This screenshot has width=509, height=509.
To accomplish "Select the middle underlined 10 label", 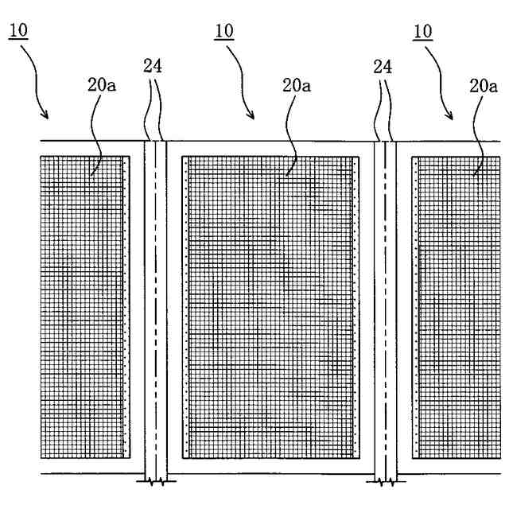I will [223, 31].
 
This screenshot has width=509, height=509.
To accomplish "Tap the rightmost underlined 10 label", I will [422, 31].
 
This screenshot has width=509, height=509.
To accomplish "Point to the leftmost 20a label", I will [101, 84].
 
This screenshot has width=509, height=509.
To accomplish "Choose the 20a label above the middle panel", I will [297, 84].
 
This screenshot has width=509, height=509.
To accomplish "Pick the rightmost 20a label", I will [484, 84].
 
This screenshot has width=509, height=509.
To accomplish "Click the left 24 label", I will [153, 67].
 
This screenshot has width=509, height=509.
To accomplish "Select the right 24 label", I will [383, 67].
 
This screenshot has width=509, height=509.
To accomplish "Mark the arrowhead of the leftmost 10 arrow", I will [48, 117].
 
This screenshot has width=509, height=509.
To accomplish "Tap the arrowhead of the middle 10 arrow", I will [253, 117].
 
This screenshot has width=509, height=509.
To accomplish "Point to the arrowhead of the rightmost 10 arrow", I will [452, 117].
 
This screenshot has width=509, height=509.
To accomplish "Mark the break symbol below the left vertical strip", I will [155, 480].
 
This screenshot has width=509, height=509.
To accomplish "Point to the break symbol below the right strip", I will [385, 480].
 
